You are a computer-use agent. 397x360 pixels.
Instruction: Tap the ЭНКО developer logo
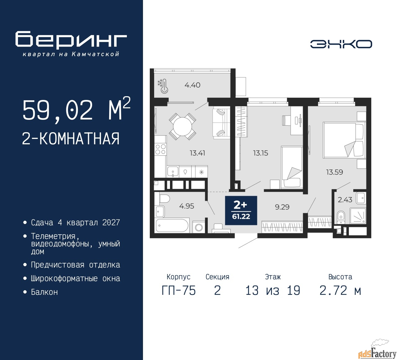pos(341,44)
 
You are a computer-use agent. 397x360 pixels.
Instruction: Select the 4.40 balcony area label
pos(192,85)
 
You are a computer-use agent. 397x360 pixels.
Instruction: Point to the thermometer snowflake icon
pos(163,86)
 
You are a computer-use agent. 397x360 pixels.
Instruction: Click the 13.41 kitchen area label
pos(197,153)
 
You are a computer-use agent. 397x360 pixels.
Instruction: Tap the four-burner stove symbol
pos(160,149)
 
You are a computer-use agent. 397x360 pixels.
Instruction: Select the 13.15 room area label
pos(261,153)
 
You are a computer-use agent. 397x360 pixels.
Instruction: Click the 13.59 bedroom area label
pos(334,172)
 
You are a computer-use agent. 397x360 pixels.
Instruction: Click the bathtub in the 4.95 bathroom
pos(172,225)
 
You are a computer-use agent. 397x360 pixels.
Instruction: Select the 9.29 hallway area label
pos(282,207)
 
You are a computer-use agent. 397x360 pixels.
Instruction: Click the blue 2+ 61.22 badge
pos(241,210)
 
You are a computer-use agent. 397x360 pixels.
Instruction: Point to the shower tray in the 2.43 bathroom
pos(358,216)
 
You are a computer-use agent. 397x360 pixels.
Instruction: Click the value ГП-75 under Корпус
pos(179,291)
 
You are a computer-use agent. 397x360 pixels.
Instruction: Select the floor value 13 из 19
pos(273,291)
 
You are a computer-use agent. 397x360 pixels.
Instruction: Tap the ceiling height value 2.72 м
pos(340,291)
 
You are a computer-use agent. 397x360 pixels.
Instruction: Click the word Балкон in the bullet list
pos(44,292)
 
